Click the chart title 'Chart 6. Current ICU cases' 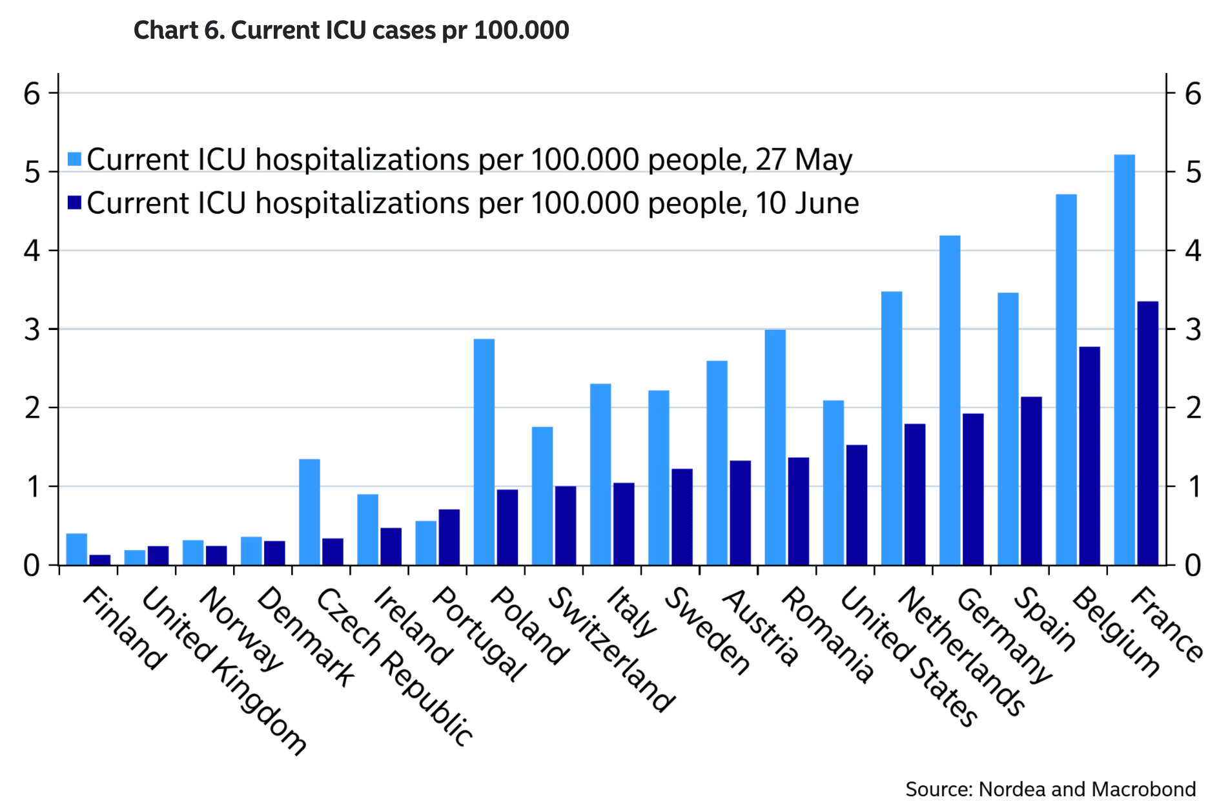(x=351, y=30)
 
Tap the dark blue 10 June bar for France (x=1147, y=433)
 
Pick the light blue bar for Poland (x=484, y=452)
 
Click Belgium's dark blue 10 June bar (x=1089, y=456)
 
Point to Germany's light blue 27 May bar (x=950, y=400)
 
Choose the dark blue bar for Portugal (x=449, y=537)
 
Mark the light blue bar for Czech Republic (x=310, y=512)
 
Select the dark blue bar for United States (x=857, y=505)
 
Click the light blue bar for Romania (x=775, y=448)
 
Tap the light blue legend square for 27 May (x=75, y=160)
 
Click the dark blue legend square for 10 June (x=75, y=203)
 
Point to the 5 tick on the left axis (x=32, y=172)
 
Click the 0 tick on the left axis (x=32, y=566)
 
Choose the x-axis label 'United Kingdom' (x=223, y=672)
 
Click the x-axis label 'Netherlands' (x=961, y=652)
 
